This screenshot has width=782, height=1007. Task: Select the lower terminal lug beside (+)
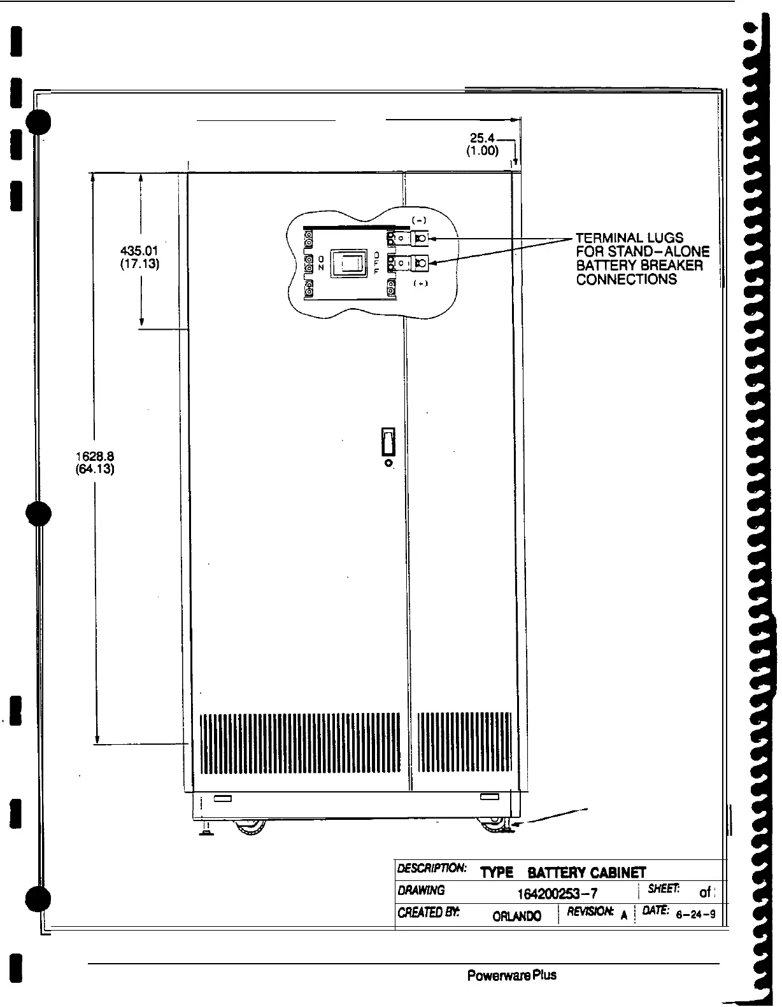[420, 262]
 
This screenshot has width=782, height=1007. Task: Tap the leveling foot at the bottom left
[207, 829]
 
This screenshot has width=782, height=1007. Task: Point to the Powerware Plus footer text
[512, 976]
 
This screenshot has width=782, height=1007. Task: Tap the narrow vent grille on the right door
[464, 742]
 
